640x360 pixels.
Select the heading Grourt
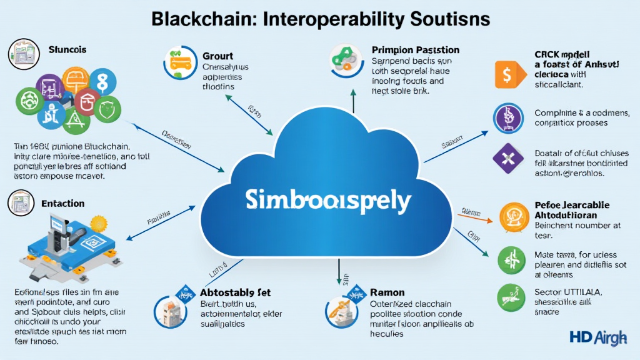(x=218, y=56)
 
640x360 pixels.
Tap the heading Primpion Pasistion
(x=415, y=49)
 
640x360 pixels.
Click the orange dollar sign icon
(x=507, y=75)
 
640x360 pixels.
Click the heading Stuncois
(x=67, y=49)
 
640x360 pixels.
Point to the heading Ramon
(x=387, y=292)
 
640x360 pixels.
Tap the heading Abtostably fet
(x=235, y=292)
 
